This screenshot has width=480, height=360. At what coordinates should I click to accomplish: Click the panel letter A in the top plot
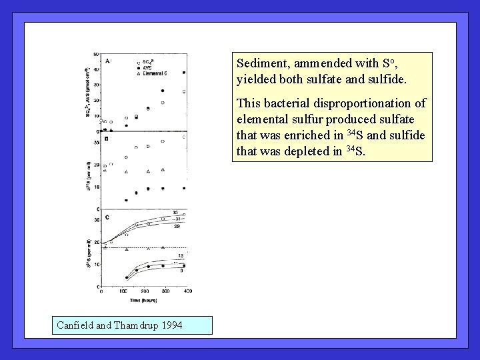tap(107, 61)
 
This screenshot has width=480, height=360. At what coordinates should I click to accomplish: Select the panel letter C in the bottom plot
tap(107, 217)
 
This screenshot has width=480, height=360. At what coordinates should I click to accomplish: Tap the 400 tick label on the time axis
tap(187, 291)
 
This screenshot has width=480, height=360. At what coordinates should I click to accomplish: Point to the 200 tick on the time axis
tap(144, 291)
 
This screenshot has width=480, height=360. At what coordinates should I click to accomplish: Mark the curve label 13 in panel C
tap(181, 256)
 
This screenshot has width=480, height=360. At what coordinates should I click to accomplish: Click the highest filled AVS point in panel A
tap(184, 73)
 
